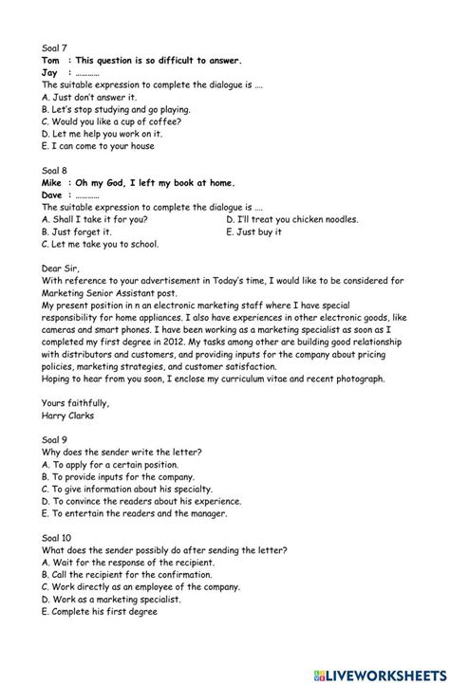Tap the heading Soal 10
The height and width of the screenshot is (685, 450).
(58, 538)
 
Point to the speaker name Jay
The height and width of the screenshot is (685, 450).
(50, 72)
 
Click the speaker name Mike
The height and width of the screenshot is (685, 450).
(52, 183)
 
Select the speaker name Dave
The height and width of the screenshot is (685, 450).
(52, 195)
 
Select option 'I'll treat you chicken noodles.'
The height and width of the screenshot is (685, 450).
(292, 219)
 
